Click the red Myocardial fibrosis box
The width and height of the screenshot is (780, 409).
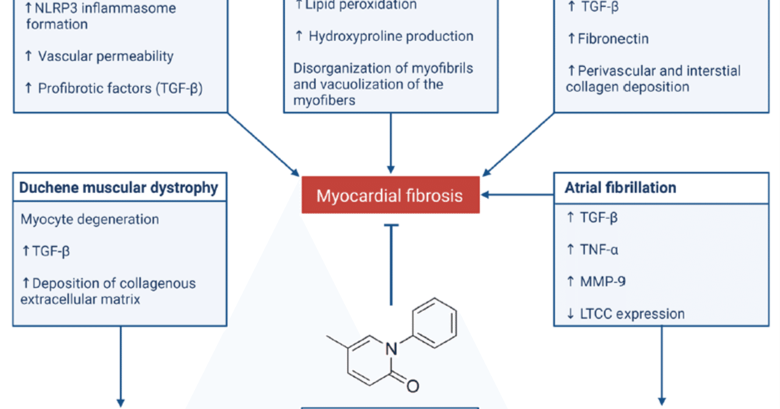tap(390, 196)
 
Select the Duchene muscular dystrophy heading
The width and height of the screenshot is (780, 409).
tap(119, 187)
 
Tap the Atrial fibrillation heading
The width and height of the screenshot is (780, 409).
tap(621, 187)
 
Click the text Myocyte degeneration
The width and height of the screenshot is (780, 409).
tap(90, 219)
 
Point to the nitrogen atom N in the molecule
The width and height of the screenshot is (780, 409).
tap(391, 349)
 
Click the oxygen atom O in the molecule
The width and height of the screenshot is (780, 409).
tap(413, 386)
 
